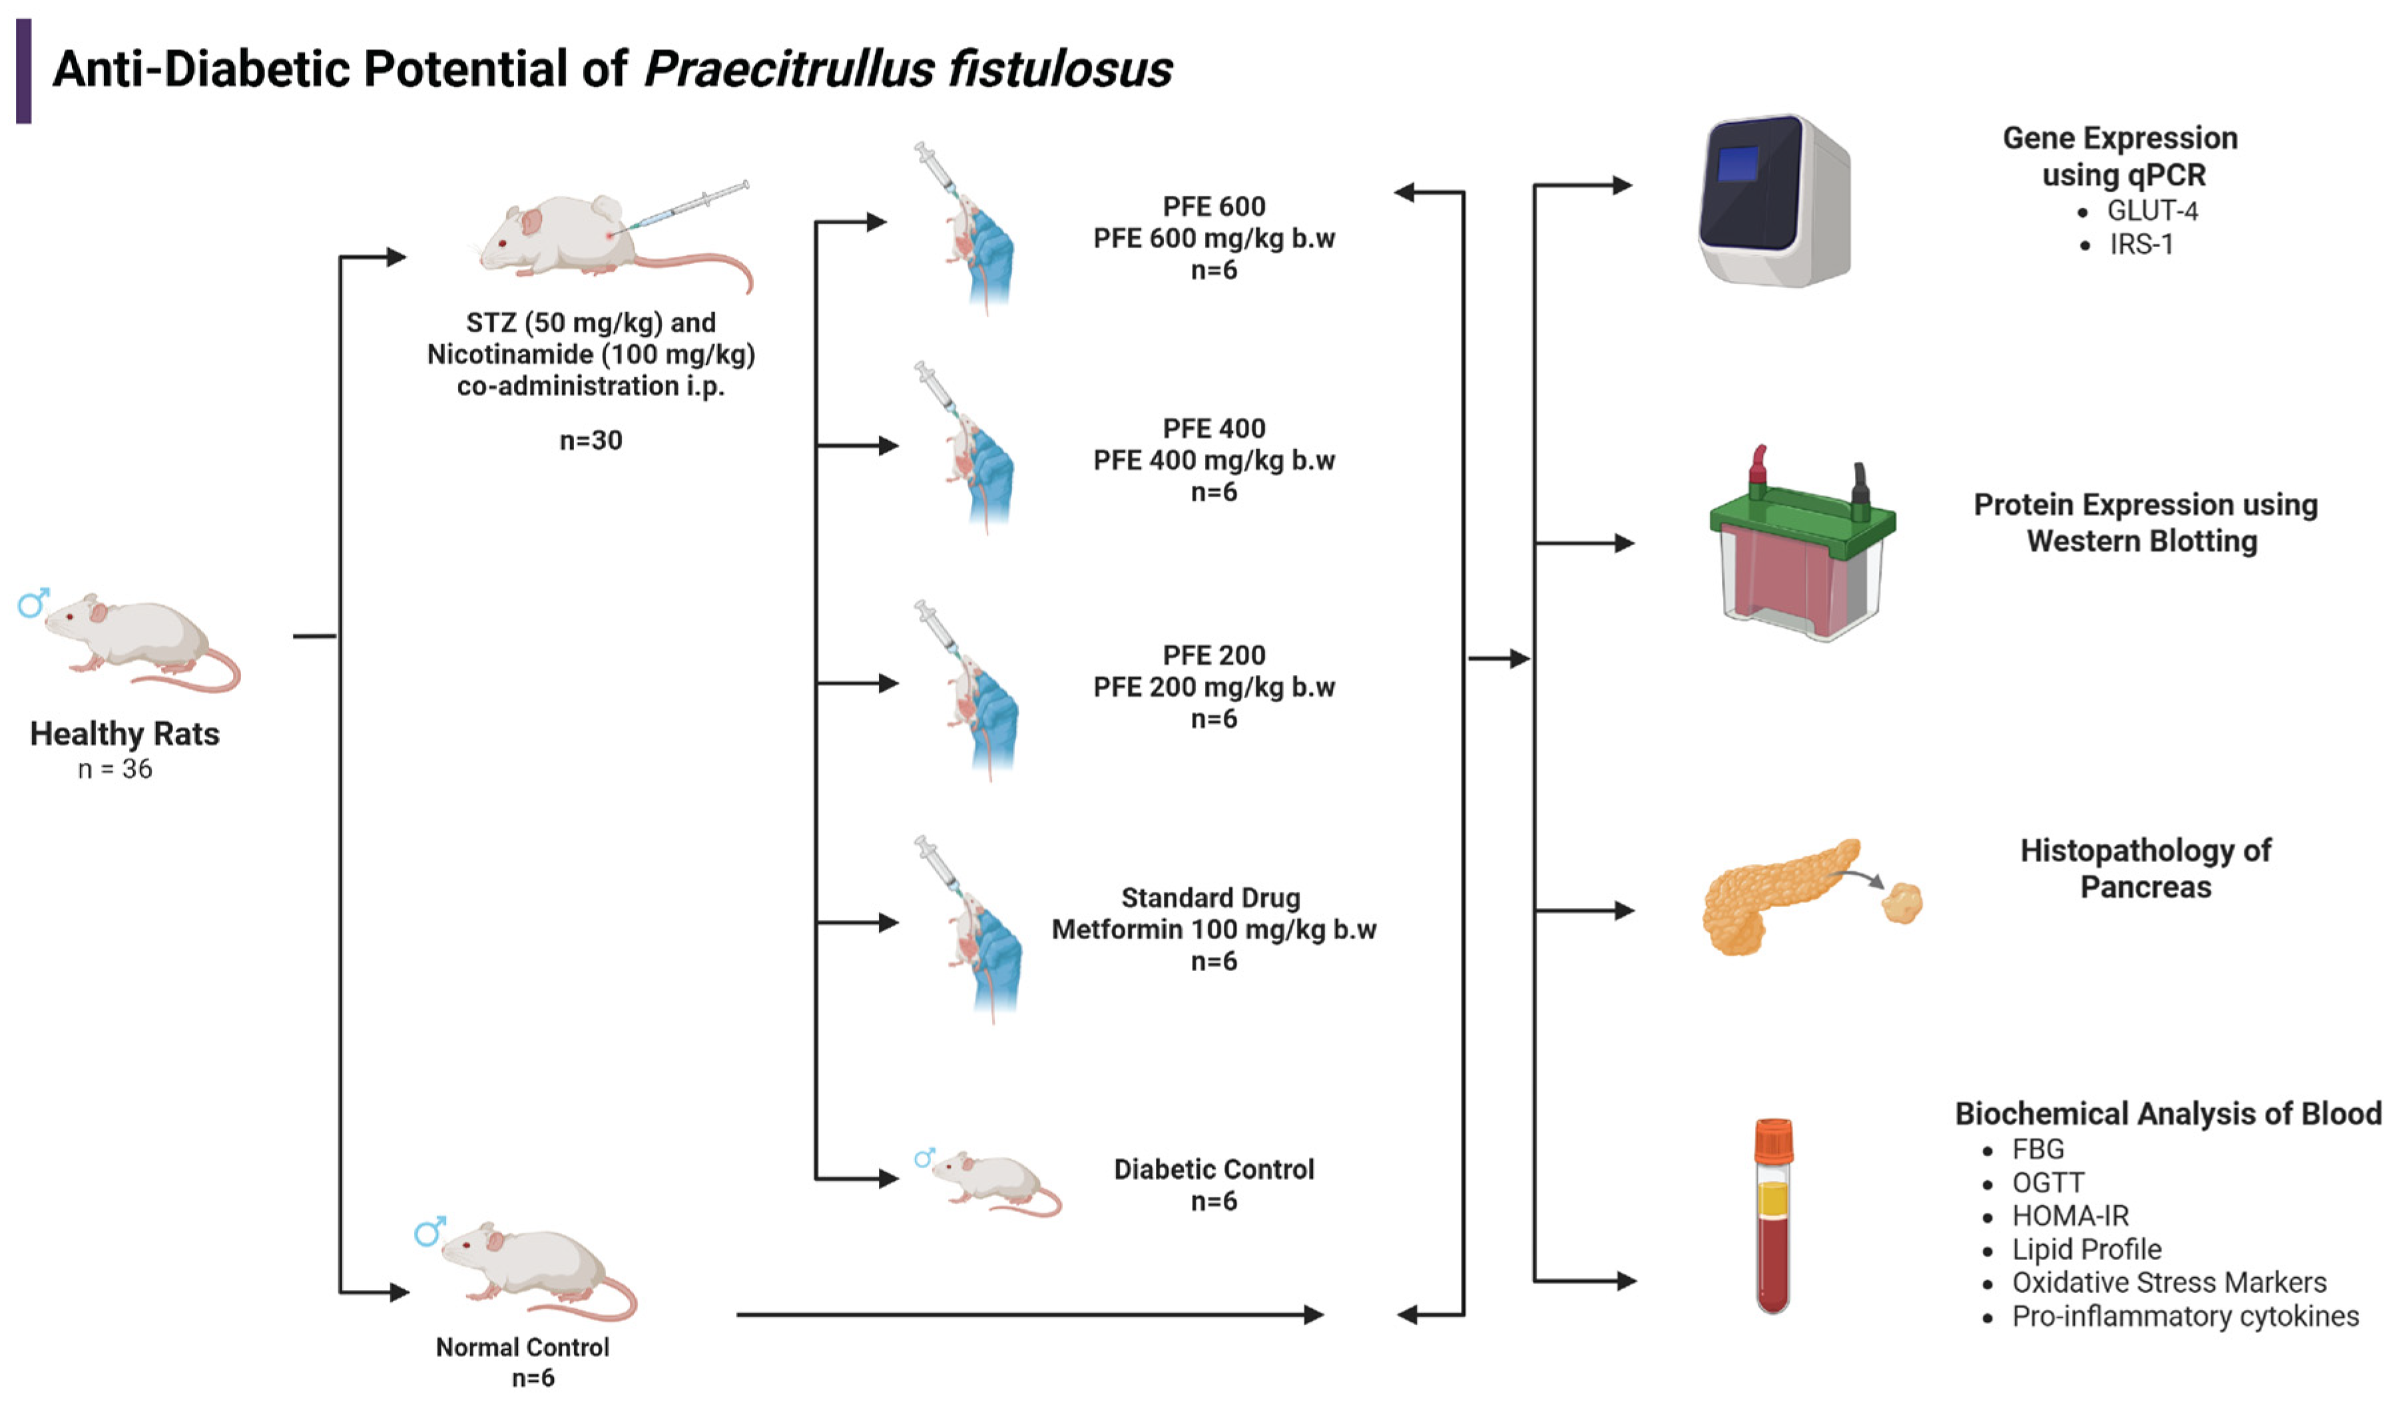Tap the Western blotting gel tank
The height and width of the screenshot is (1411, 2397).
pyautogui.click(x=1800, y=552)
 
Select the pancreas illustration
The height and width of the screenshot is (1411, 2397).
pyautogui.click(x=1778, y=899)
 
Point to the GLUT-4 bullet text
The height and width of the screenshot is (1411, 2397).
pyautogui.click(x=2151, y=210)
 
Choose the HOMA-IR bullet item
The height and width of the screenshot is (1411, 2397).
pyautogui.click(x=2070, y=1216)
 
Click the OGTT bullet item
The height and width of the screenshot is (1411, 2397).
pyautogui.click(x=2047, y=1183)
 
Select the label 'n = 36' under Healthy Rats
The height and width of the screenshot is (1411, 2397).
pyautogui.click(x=115, y=769)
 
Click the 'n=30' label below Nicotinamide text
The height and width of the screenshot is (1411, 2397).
pyautogui.click(x=591, y=440)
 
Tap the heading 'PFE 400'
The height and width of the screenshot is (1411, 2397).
pyautogui.click(x=1214, y=429)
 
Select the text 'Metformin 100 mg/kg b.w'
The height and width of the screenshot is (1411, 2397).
pyautogui.click(x=1214, y=930)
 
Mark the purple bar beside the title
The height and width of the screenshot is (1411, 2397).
pyautogui.click(x=24, y=71)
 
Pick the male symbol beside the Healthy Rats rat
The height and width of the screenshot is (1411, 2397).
pyautogui.click(x=33, y=603)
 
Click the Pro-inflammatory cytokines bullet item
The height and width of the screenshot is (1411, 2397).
pyautogui.click(x=2185, y=1317)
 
